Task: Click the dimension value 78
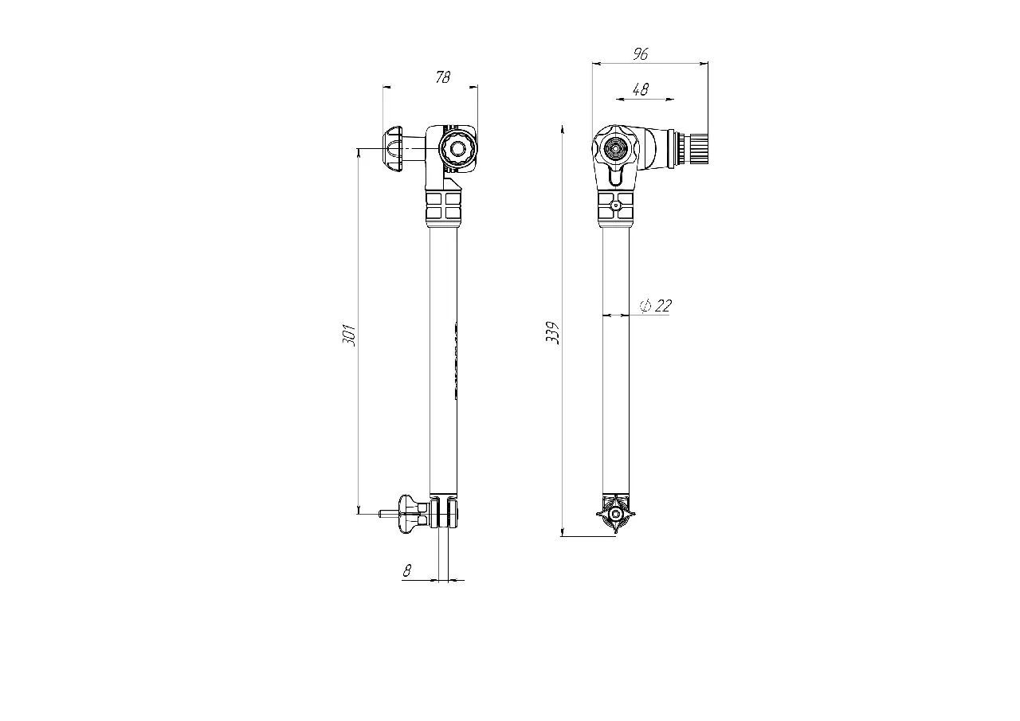tap(443, 77)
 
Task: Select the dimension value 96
tap(641, 53)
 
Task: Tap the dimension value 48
tap(641, 90)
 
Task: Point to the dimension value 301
tap(348, 335)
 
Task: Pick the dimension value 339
tap(552, 332)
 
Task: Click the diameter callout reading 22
tap(656, 305)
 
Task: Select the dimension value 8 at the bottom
tap(407, 570)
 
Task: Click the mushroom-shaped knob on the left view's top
tap(394, 148)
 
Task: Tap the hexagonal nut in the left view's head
tap(458, 148)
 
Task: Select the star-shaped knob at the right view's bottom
tap(616, 514)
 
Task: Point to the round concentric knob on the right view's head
tap(615, 148)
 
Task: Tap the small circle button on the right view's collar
tap(615, 206)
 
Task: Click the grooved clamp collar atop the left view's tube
tap(444, 208)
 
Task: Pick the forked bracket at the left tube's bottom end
tap(445, 513)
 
